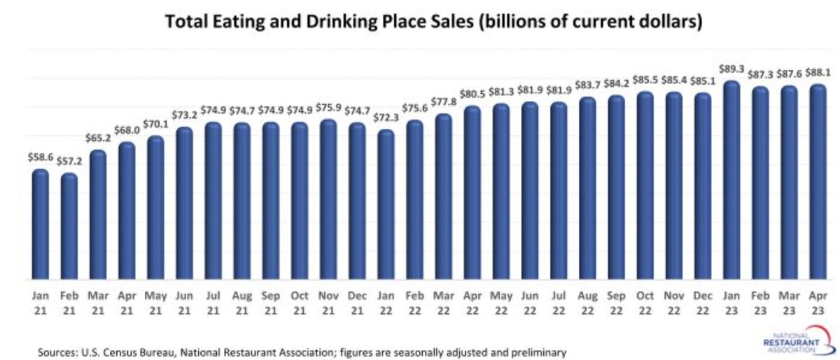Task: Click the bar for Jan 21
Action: pos(41,224)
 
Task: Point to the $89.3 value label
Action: pos(731,69)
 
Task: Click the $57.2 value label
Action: pos(69,161)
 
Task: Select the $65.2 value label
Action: pos(98,138)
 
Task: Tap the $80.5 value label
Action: pos(472,94)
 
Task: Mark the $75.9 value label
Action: pos(328,107)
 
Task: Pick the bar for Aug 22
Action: pos(587,188)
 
